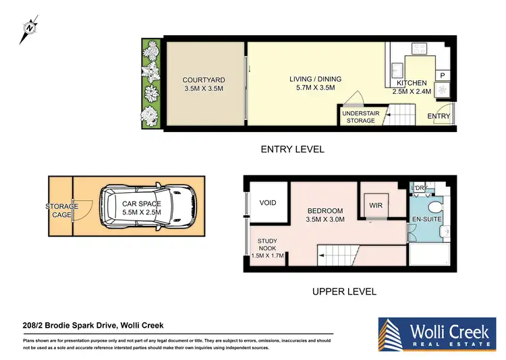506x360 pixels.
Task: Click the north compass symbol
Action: click(28, 29)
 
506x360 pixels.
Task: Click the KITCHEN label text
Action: click(412, 87)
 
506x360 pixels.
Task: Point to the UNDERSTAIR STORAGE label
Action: click(358, 117)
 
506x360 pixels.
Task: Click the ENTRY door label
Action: click(439, 116)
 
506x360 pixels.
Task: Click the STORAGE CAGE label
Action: click(62, 210)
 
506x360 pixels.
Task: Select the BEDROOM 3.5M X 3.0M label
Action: click(325, 214)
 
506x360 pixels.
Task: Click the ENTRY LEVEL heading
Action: click(292, 150)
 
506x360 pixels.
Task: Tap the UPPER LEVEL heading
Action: click(344, 292)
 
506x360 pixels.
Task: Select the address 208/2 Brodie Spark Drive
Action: click(93, 326)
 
